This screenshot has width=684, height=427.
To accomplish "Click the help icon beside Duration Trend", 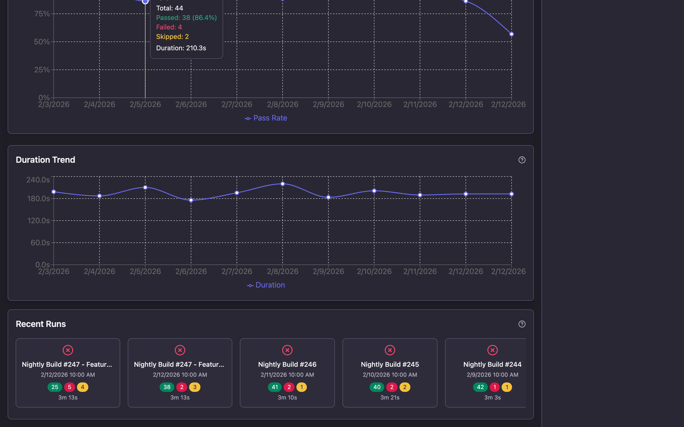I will pos(522,160).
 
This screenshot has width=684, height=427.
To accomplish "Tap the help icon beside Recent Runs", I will pos(522,324).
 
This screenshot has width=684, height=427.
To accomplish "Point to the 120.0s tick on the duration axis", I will pos(38,221).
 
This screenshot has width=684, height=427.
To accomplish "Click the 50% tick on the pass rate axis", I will pos(42,42).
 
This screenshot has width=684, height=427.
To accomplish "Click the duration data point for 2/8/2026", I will pos(282,184).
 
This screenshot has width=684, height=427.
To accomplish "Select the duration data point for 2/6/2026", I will pos(191,200).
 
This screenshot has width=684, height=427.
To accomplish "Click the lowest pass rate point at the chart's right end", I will pos(511,34).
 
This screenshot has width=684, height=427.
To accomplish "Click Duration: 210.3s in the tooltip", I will pos(181,48).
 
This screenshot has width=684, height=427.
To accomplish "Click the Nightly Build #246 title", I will pos(287,364).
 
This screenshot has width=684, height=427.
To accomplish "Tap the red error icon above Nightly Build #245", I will pos(390,350).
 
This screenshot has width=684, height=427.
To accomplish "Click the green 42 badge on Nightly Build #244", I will pos(480,387).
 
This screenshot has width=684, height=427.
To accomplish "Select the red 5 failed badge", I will pos(69,387).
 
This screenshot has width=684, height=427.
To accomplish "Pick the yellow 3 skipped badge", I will pos(195,387).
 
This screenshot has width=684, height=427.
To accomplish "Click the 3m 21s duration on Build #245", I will pos(390,397).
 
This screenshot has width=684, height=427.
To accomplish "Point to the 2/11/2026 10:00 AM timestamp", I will pos(287,375).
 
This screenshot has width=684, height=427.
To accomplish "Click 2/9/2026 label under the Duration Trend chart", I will pos(328,271).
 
